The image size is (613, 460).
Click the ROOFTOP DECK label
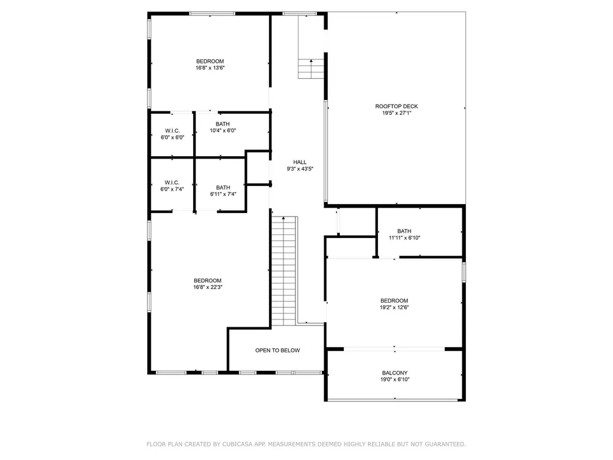(397, 106)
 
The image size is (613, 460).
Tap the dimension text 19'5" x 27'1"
(397, 113)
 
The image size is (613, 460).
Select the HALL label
(300, 162)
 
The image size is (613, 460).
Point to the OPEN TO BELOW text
(277, 351)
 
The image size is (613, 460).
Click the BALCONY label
(395, 373)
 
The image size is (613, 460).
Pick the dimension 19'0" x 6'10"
(395, 379)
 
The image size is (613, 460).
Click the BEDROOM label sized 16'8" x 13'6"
(210, 62)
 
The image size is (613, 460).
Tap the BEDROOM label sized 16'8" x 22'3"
(208, 281)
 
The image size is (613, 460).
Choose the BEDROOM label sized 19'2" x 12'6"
(394, 301)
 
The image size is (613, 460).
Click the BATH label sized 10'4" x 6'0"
(222, 124)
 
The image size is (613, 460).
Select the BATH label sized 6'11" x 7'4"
(223, 188)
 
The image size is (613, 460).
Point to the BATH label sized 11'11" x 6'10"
(404, 231)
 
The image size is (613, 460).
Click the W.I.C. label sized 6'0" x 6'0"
(172, 131)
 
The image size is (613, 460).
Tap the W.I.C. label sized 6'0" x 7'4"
(172, 182)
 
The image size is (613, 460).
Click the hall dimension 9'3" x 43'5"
(300, 169)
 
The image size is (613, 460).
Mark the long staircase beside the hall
(284, 271)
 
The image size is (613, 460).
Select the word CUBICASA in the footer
(237, 444)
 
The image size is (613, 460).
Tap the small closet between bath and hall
(258, 167)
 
